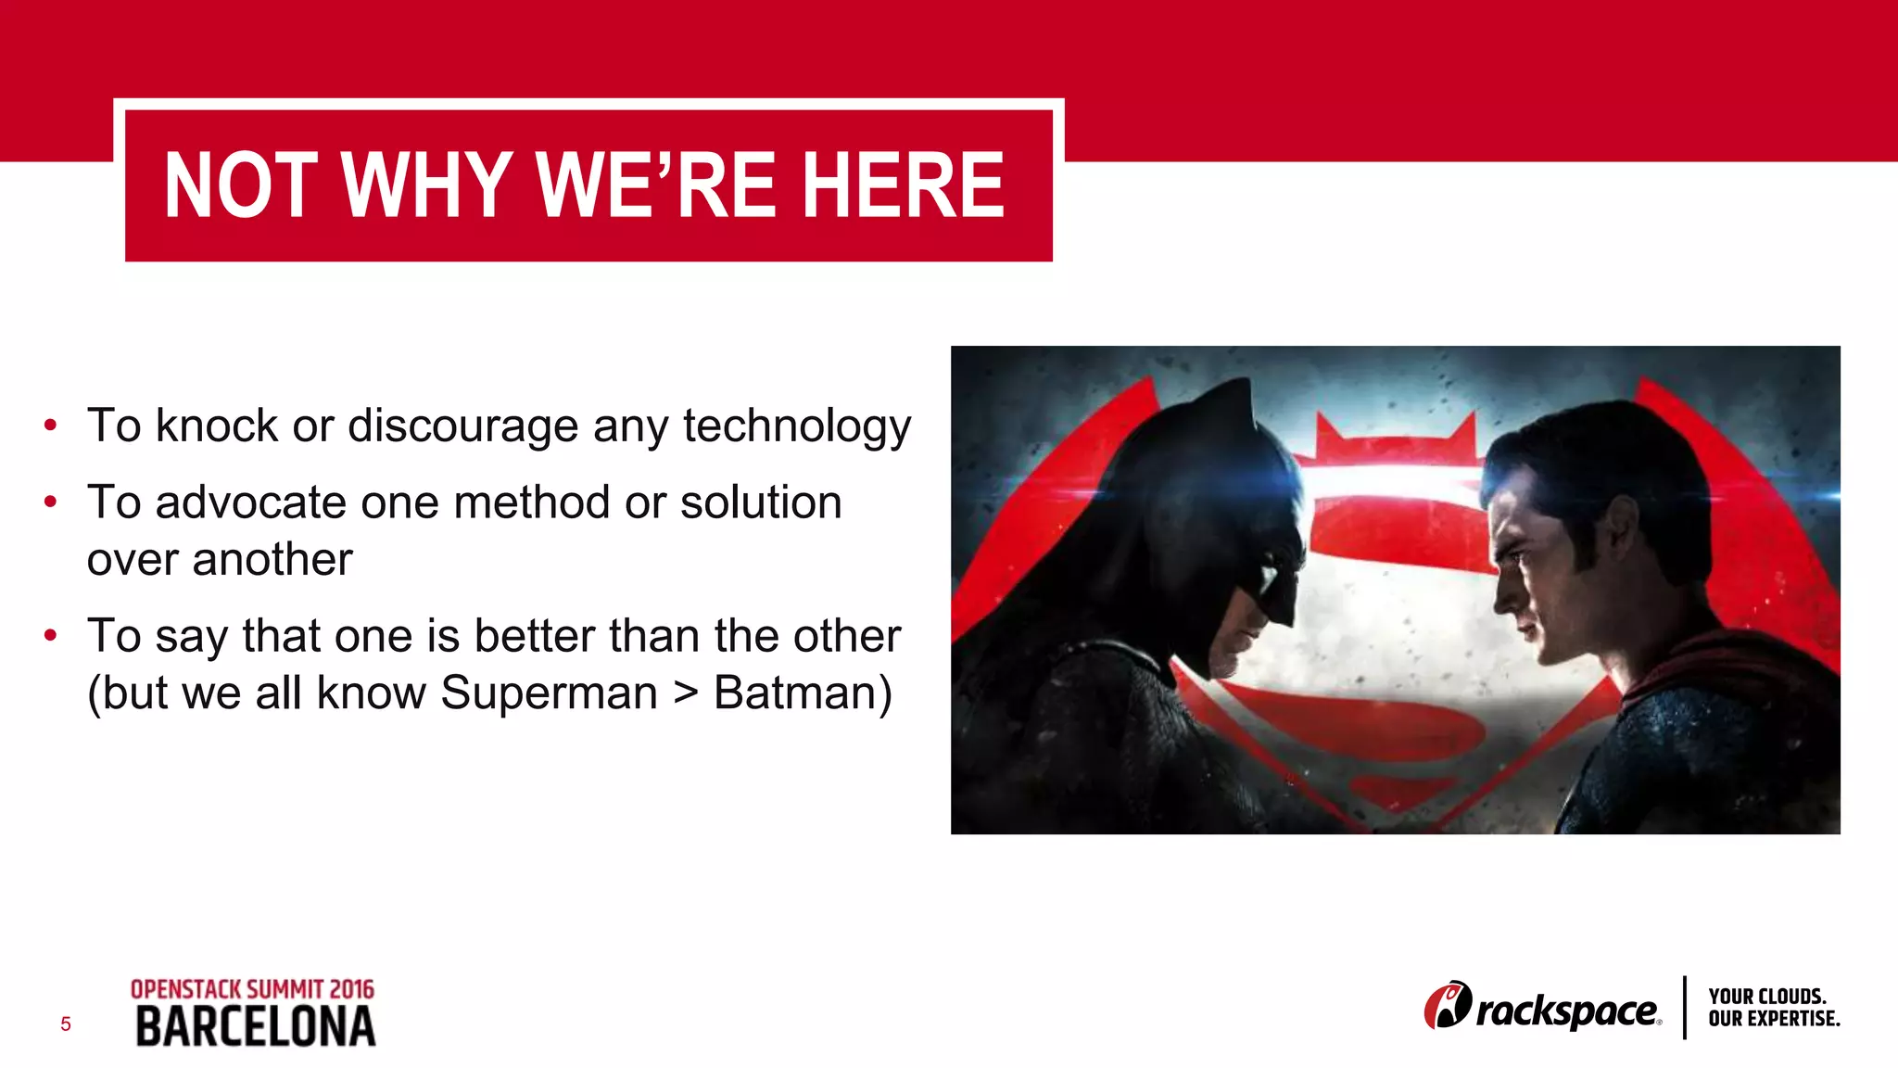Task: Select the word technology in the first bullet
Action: pyautogui.click(x=797, y=426)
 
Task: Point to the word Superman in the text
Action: pyautogui.click(x=549, y=693)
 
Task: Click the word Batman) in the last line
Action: pyautogui.click(x=803, y=693)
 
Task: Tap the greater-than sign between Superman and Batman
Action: pyautogui.click(x=685, y=693)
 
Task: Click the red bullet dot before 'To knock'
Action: pyautogui.click(x=51, y=426)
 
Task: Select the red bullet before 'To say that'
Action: pyautogui.click(x=51, y=636)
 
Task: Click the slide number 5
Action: pyautogui.click(x=65, y=1024)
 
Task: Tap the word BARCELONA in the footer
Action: pyautogui.click(x=256, y=1027)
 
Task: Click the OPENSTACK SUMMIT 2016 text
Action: pyautogui.click(x=252, y=989)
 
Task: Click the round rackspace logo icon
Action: pyautogui.click(x=1447, y=1006)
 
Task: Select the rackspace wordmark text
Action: pyautogui.click(x=1566, y=1011)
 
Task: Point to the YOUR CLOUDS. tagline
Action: pyautogui.click(x=1766, y=997)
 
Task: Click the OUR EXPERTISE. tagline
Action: pyautogui.click(x=1774, y=1019)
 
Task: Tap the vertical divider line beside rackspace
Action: pyautogui.click(x=1684, y=1007)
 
